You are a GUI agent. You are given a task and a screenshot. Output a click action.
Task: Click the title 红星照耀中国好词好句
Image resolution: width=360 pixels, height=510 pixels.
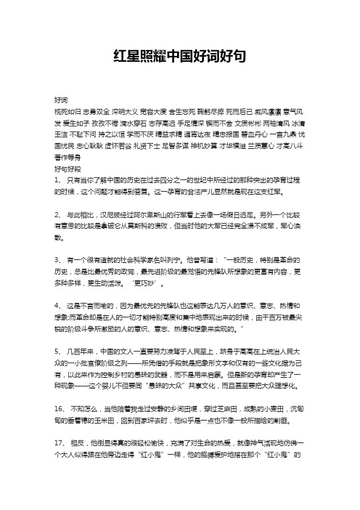[180, 55]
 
